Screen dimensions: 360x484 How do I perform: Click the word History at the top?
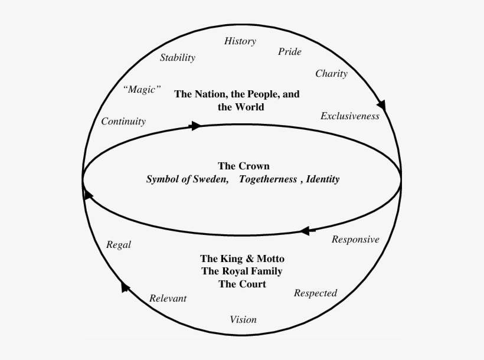(x=240, y=41)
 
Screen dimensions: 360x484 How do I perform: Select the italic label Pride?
(x=289, y=52)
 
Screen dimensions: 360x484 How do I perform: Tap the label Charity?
(x=331, y=74)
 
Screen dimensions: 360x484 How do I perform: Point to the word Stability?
(x=177, y=58)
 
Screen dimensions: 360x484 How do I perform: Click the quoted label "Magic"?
(x=142, y=90)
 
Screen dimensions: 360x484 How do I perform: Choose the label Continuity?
(x=123, y=122)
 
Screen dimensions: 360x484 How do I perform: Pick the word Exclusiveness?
(x=349, y=116)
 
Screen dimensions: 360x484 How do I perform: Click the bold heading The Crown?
(x=244, y=166)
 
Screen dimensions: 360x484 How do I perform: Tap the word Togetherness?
(x=268, y=179)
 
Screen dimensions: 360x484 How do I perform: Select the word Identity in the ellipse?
(x=323, y=179)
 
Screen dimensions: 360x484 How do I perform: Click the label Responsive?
(x=355, y=240)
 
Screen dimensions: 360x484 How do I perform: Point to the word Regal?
(x=118, y=245)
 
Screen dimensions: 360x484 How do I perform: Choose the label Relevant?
(x=168, y=299)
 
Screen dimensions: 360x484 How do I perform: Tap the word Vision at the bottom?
(x=243, y=320)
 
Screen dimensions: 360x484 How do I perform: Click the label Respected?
(x=315, y=293)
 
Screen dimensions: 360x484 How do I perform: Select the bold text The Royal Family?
(x=242, y=271)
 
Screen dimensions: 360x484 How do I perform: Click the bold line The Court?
(x=242, y=284)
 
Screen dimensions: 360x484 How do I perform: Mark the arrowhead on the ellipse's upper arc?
(x=195, y=126)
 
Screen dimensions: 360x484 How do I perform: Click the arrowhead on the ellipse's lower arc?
(x=303, y=231)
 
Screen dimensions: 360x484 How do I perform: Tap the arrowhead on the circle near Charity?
(x=381, y=105)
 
